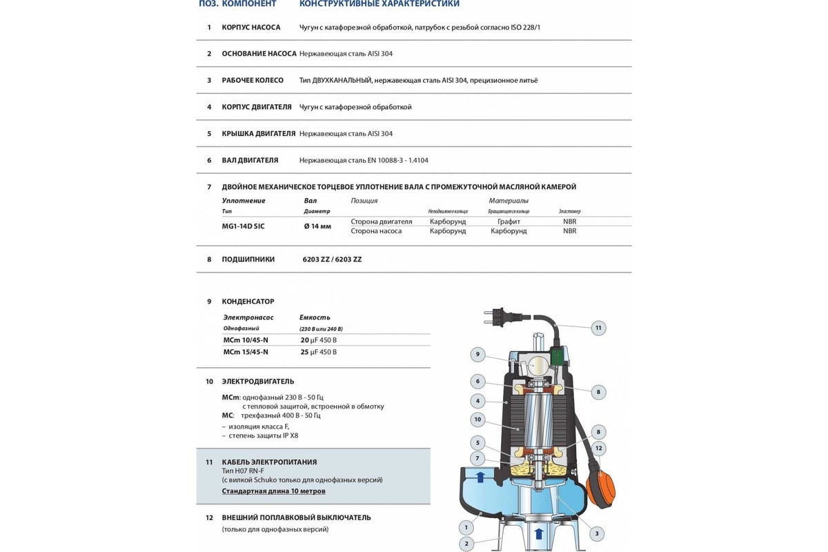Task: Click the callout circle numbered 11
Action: click(x=598, y=328)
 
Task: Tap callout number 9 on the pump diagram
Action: click(x=477, y=355)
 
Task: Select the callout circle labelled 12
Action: click(x=598, y=448)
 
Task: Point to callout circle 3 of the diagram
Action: click(x=596, y=533)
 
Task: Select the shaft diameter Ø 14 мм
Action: click(x=317, y=226)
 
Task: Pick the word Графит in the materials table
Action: click(x=509, y=221)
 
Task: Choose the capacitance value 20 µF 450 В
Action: click(x=318, y=340)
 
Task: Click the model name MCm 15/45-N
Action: click(x=246, y=352)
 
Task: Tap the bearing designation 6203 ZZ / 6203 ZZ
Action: click(x=332, y=259)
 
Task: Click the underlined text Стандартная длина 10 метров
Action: click(x=273, y=491)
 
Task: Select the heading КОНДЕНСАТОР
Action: click(x=248, y=302)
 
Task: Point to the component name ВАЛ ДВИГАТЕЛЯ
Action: click(x=250, y=160)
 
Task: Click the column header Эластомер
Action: click(x=569, y=211)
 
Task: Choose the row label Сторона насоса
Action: click(x=376, y=231)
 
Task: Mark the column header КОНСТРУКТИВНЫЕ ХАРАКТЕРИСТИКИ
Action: click(x=379, y=4)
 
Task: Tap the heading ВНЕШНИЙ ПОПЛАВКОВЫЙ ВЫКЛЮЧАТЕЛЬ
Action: click(x=296, y=517)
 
